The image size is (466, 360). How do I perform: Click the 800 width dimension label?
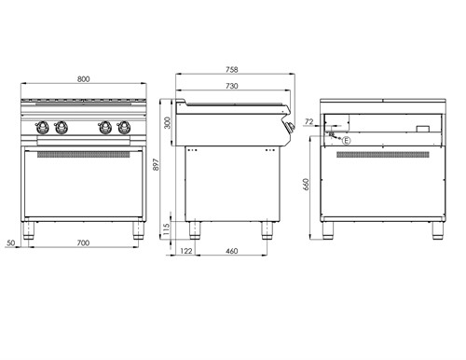84,79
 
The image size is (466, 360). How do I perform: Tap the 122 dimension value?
185,252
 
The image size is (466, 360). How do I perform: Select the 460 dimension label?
232,252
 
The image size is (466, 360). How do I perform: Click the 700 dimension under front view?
84,243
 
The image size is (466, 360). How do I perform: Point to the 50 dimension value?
11,243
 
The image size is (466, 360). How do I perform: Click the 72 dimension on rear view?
308,121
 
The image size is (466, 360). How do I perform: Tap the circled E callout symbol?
347,140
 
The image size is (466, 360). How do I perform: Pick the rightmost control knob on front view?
126,127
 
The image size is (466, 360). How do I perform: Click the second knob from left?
62,127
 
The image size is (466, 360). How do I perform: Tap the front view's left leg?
31,230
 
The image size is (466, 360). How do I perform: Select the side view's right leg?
268,229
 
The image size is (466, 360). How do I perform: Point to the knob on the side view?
292,128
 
